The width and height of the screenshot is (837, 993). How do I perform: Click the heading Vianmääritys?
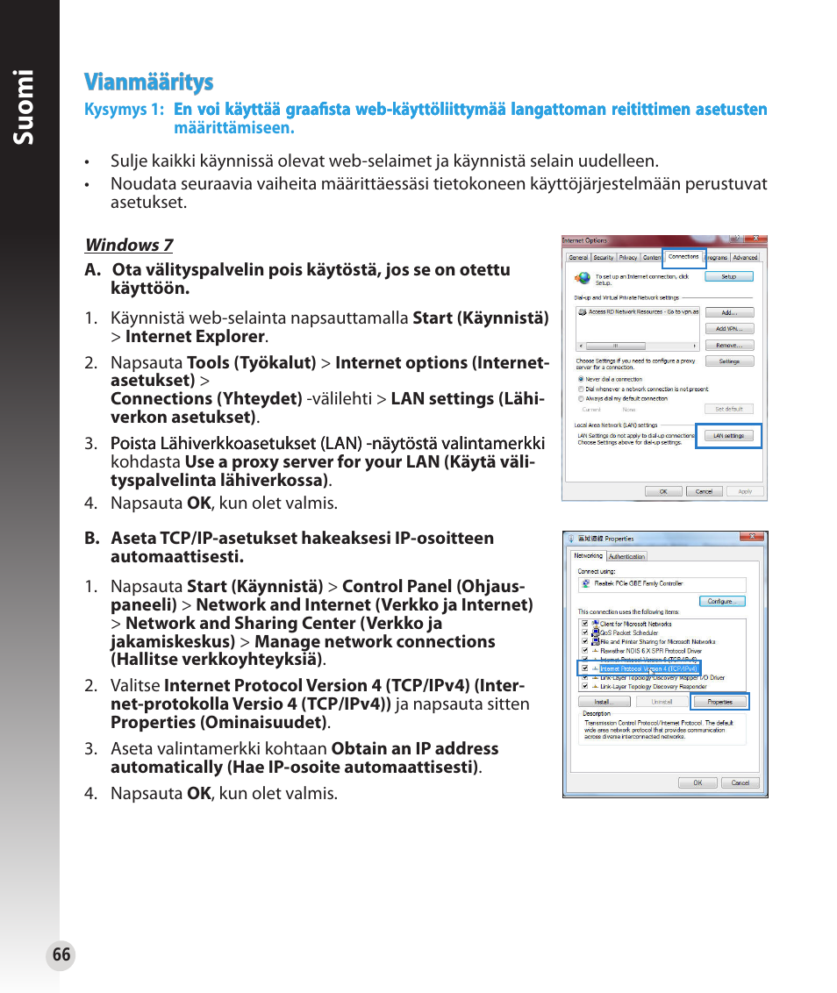pos(148,82)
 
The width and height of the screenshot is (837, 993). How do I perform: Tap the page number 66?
pos(61,955)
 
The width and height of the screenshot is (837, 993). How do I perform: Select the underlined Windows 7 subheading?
pos(129,246)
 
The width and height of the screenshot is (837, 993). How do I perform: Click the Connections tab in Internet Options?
pos(683,257)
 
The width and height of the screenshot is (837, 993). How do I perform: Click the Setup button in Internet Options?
pos(728,276)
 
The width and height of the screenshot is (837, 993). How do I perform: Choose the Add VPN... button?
pos(728,329)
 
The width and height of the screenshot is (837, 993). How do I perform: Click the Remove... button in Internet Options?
pos(728,346)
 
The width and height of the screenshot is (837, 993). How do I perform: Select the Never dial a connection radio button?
pos(581,380)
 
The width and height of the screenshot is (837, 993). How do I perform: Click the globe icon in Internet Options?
pos(583,278)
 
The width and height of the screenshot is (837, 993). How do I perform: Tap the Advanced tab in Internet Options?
pos(745,258)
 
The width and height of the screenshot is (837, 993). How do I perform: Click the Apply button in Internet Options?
pos(744,491)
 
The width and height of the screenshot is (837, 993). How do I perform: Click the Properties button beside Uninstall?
pos(719,702)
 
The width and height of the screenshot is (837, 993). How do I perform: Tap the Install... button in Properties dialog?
pos(603,702)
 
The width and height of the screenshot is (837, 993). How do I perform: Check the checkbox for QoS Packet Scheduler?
pos(584,632)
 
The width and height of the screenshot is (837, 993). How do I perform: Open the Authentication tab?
pos(626,556)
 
